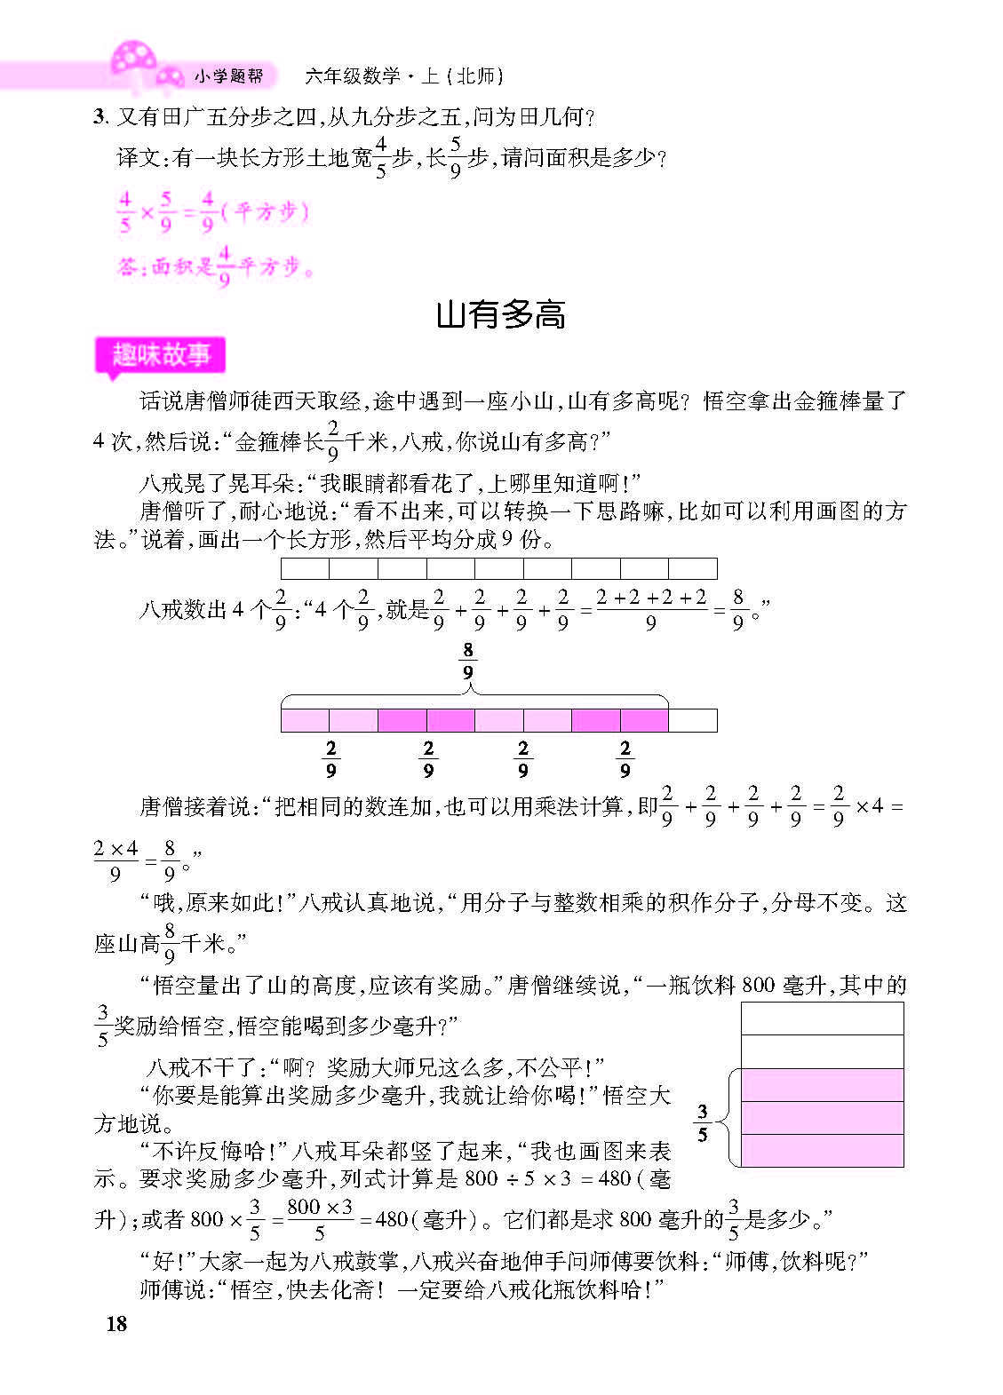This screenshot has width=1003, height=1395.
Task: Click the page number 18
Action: pos(116,1323)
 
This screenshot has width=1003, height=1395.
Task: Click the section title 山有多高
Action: pos(501,314)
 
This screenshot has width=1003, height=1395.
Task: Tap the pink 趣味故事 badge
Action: pos(161,355)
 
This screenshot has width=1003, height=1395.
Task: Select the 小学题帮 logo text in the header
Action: pos(228,76)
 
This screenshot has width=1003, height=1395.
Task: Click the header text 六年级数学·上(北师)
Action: pos(404,76)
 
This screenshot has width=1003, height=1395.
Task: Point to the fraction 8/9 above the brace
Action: pos(468,662)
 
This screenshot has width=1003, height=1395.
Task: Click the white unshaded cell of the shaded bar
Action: pos(692,720)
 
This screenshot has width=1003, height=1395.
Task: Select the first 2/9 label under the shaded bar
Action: pos(331,759)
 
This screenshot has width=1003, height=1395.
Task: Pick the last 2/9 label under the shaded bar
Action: pos(625,759)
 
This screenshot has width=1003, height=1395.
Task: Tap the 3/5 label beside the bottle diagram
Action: pos(703,1122)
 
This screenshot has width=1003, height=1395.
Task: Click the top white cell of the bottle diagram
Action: pos(822,1019)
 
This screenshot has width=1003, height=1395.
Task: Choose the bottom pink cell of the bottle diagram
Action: pos(822,1151)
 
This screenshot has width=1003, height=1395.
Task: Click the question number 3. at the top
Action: pos(100,116)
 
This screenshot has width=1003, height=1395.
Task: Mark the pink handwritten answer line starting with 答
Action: pos(215,266)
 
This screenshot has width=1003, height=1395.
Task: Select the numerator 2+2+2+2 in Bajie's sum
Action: pos(651,598)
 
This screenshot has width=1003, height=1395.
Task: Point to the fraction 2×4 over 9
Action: pos(115,861)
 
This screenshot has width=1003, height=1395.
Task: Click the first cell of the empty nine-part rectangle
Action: pos(305,568)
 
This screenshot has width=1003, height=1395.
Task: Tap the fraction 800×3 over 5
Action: pos(320,1219)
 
